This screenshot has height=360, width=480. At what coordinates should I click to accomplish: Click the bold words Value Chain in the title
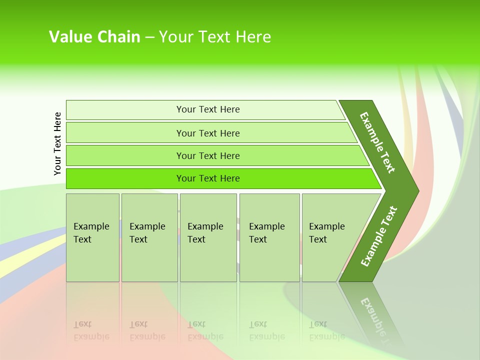[94, 37]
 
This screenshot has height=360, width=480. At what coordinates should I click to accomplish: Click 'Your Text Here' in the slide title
[214, 37]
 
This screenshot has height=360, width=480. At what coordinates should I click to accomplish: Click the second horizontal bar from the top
[207, 133]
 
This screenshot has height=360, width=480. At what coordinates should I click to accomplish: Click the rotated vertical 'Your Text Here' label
[57, 143]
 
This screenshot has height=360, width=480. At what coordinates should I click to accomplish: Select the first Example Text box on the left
[92, 237]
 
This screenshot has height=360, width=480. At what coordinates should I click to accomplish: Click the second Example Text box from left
[149, 237]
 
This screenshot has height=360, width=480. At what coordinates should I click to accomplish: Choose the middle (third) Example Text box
[208, 237]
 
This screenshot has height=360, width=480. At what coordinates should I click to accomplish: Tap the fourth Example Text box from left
[269, 237]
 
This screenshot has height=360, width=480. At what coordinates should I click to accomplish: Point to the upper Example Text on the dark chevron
[377, 142]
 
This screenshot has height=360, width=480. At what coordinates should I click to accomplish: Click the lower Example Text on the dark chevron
[379, 236]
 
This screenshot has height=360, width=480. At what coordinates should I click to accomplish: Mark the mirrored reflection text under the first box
[91, 330]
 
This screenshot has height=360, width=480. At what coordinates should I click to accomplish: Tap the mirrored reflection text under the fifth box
[327, 330]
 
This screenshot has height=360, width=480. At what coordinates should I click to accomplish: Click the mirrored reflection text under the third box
[205, 330]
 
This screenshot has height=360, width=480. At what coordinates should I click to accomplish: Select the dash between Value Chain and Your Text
[149, 37]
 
